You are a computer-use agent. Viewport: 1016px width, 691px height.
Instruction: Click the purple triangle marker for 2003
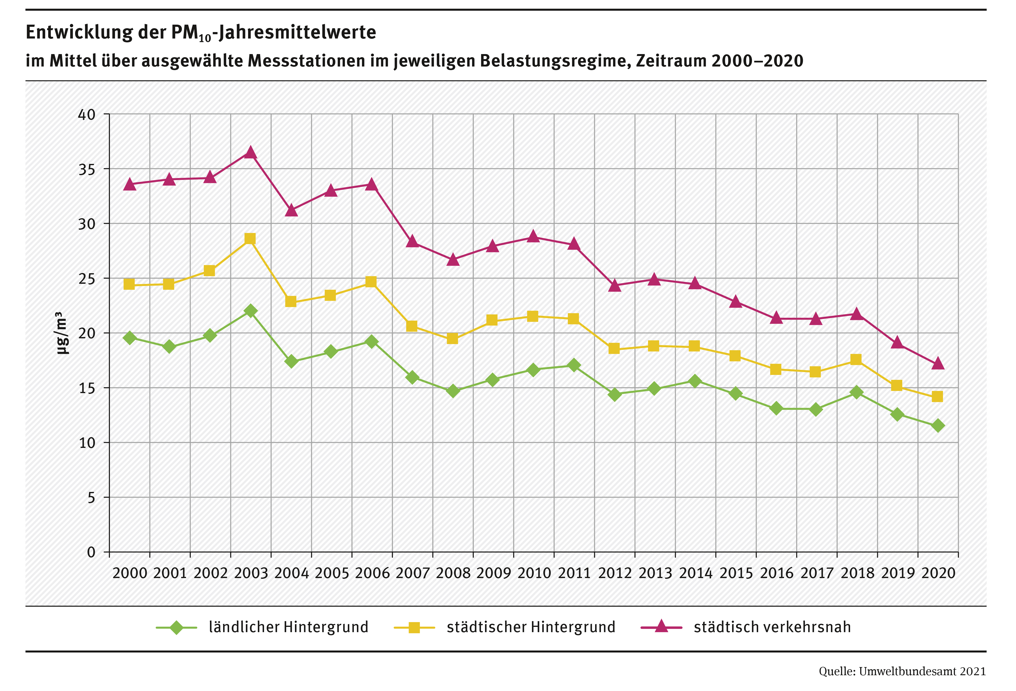pos(250,153)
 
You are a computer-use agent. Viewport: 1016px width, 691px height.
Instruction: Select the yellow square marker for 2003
pos(250,239)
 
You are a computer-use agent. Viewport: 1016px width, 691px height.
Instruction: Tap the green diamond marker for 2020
pos(937,425)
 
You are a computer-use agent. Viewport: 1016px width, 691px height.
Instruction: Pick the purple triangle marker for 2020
pos(937,364)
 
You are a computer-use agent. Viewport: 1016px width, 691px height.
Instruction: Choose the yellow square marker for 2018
pos(856,360)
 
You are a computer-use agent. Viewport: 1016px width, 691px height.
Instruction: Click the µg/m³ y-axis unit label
pos(62,333)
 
